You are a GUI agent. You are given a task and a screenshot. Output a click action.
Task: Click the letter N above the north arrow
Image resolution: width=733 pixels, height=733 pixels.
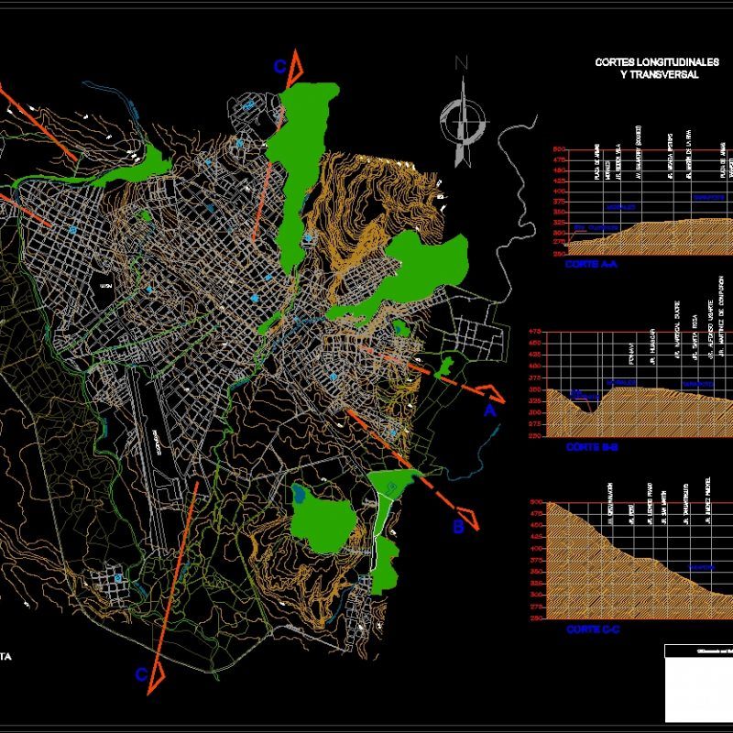click(462, 62)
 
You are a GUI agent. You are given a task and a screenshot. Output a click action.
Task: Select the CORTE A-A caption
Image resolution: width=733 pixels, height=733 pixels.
click(593, 262)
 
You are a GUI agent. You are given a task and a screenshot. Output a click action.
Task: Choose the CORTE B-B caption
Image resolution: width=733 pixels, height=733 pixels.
click(593, 446)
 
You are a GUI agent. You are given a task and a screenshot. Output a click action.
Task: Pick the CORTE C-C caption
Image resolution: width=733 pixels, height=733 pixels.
click(593, 629)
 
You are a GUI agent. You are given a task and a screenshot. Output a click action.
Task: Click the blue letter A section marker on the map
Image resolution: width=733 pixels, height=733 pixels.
click(490, 411)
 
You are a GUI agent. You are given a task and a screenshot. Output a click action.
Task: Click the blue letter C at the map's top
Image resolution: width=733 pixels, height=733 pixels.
click(281, 66)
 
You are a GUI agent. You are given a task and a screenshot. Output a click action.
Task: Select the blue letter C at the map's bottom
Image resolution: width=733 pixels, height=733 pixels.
click(141, 674)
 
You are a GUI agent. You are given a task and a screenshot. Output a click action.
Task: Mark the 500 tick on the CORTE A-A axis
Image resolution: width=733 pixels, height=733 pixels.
click(559, 149)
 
